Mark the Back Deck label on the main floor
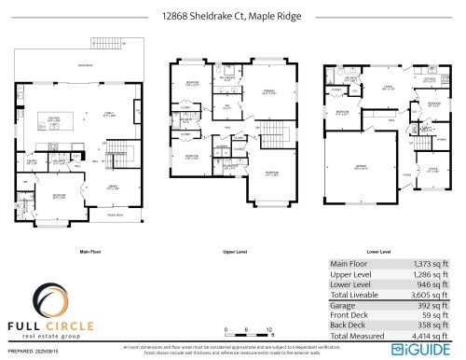click(85, 65)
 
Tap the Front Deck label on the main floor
click(116, 215)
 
